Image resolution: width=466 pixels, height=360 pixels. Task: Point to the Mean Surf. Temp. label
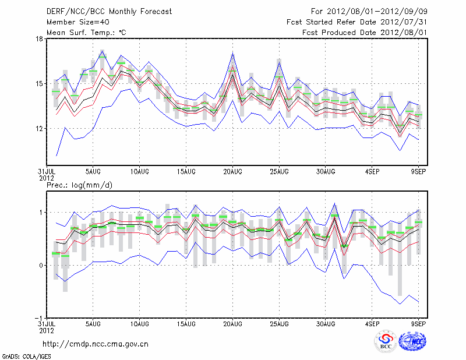(x=86, y=33)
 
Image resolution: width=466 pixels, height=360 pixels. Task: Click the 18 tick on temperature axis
(x=40, y=39)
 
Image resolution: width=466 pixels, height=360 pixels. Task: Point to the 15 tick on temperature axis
(x=40, y=84)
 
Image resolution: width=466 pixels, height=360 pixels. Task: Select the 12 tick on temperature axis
(x=40, y=128)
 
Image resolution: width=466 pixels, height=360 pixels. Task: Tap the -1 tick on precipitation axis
(x=38, y=317)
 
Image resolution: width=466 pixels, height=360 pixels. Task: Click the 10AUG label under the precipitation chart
(x=139, y=323)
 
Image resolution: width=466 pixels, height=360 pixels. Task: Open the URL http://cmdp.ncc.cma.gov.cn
(x=96, y=344)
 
